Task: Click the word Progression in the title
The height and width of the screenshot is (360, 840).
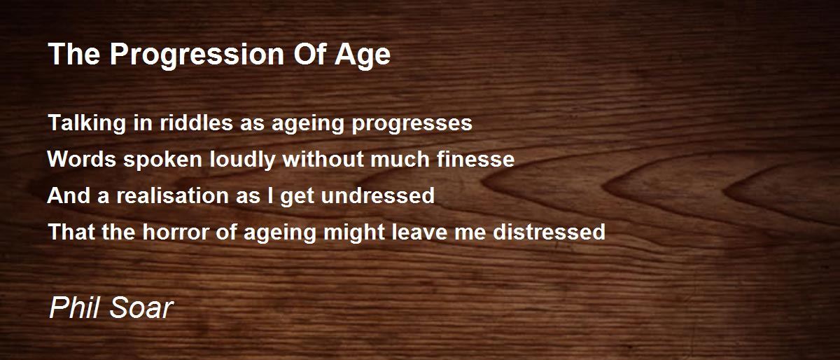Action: tap(197, 55)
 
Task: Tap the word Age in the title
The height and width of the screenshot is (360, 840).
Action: tap(363, 55)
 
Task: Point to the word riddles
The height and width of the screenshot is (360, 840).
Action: tap(196, 123)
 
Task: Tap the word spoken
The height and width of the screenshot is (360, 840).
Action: tap(162, 160)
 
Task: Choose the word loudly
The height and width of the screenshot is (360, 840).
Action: tap(243, 160)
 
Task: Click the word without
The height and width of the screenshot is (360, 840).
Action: tap(323, 159)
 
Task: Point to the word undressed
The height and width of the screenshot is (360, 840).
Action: tap(378, 195)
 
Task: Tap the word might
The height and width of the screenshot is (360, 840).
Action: tap(354, 233)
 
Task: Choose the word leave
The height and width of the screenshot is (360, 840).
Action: tap(419, 232)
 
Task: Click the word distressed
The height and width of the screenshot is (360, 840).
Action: tap(549, 232)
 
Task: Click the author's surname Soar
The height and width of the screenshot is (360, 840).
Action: tap(141, 307)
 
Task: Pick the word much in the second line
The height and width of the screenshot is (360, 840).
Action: tap(400, 159)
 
